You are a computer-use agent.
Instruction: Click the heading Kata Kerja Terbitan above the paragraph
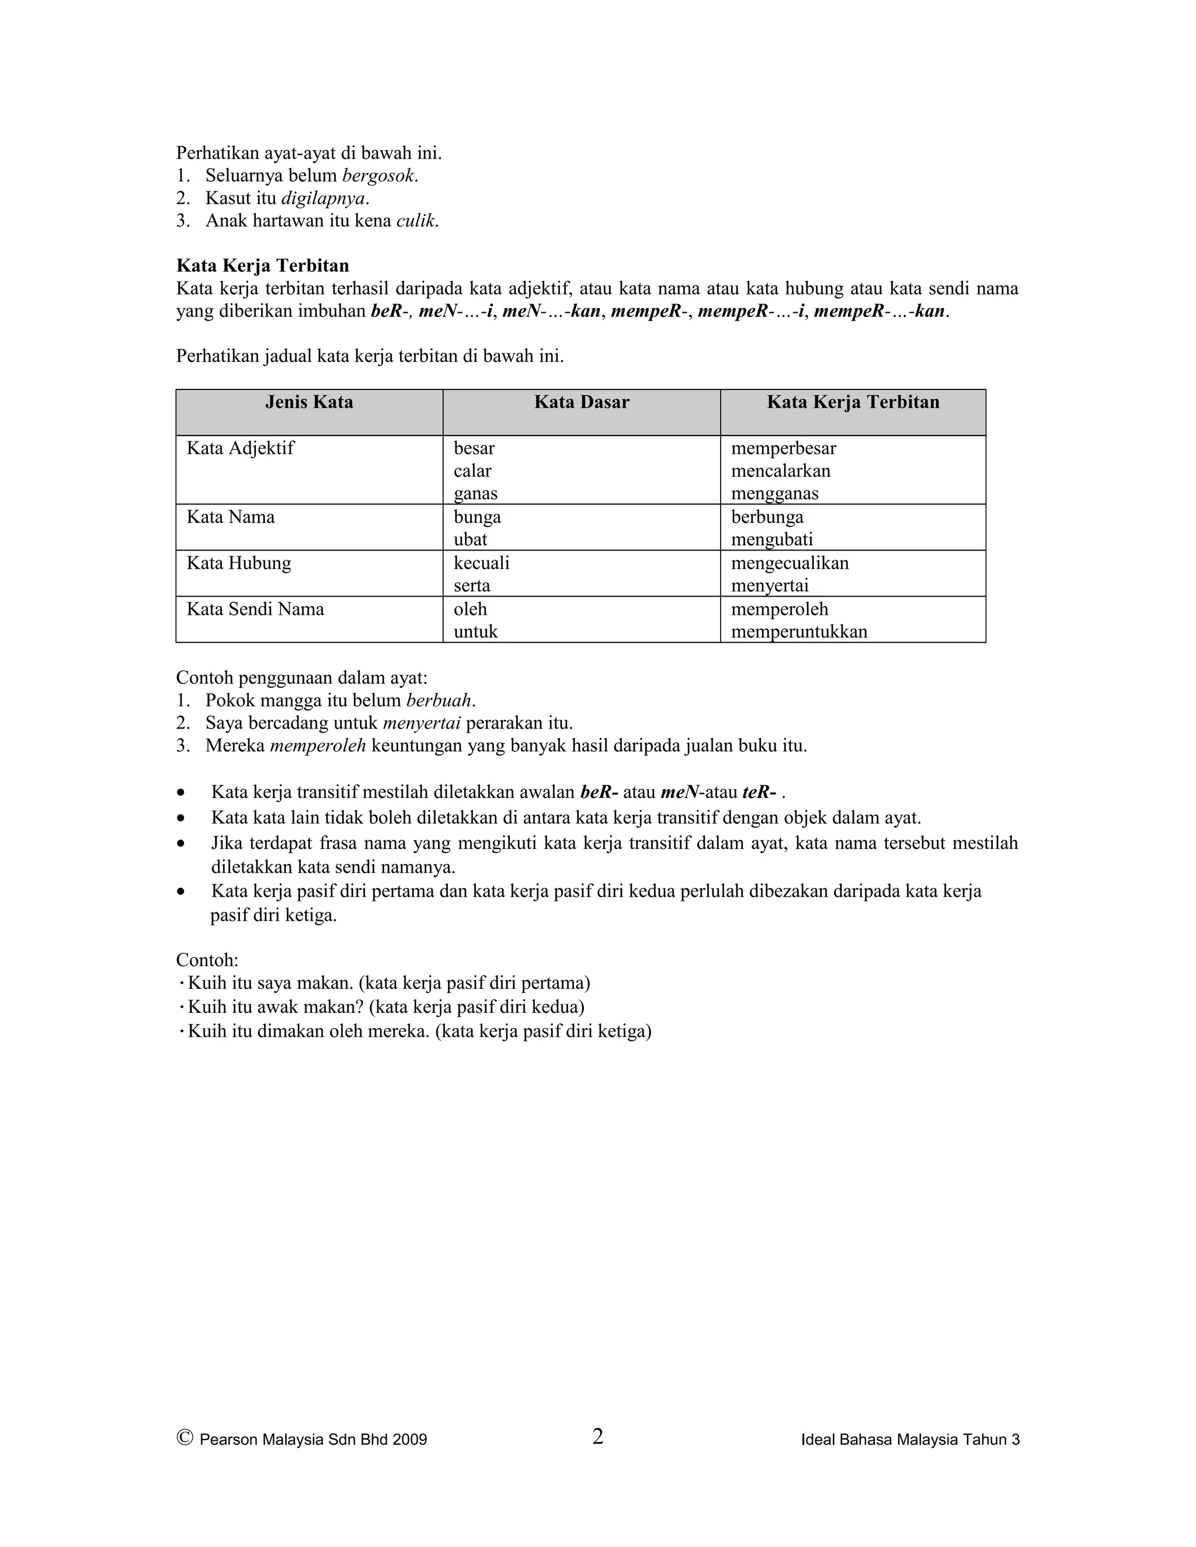(x=262, y=266)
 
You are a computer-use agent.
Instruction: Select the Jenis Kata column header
(x=309, y=402)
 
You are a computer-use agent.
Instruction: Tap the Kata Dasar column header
(x=582, y=402)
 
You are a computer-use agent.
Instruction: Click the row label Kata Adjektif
(x=240, y=448)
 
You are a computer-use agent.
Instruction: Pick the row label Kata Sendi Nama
(x=255, y=609)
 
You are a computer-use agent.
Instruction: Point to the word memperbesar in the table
(x=784, y=448)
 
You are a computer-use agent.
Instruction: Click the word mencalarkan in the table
(x=781, y=471)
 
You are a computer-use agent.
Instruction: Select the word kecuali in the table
(x=482, y=563)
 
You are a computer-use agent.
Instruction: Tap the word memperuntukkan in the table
(x=799, y=632)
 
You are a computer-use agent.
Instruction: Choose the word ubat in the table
(x=471, y=540)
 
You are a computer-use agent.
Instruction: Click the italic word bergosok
(x=379, y=176)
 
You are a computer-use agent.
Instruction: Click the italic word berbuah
(x=439, y=701)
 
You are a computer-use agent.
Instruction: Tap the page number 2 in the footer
(x=598, y=1437)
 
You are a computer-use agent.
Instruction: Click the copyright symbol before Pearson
(x=185, y=1437)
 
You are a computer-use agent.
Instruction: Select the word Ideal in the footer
(x=817, y=1440)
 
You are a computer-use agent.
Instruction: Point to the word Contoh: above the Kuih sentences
(x=207, y=960)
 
